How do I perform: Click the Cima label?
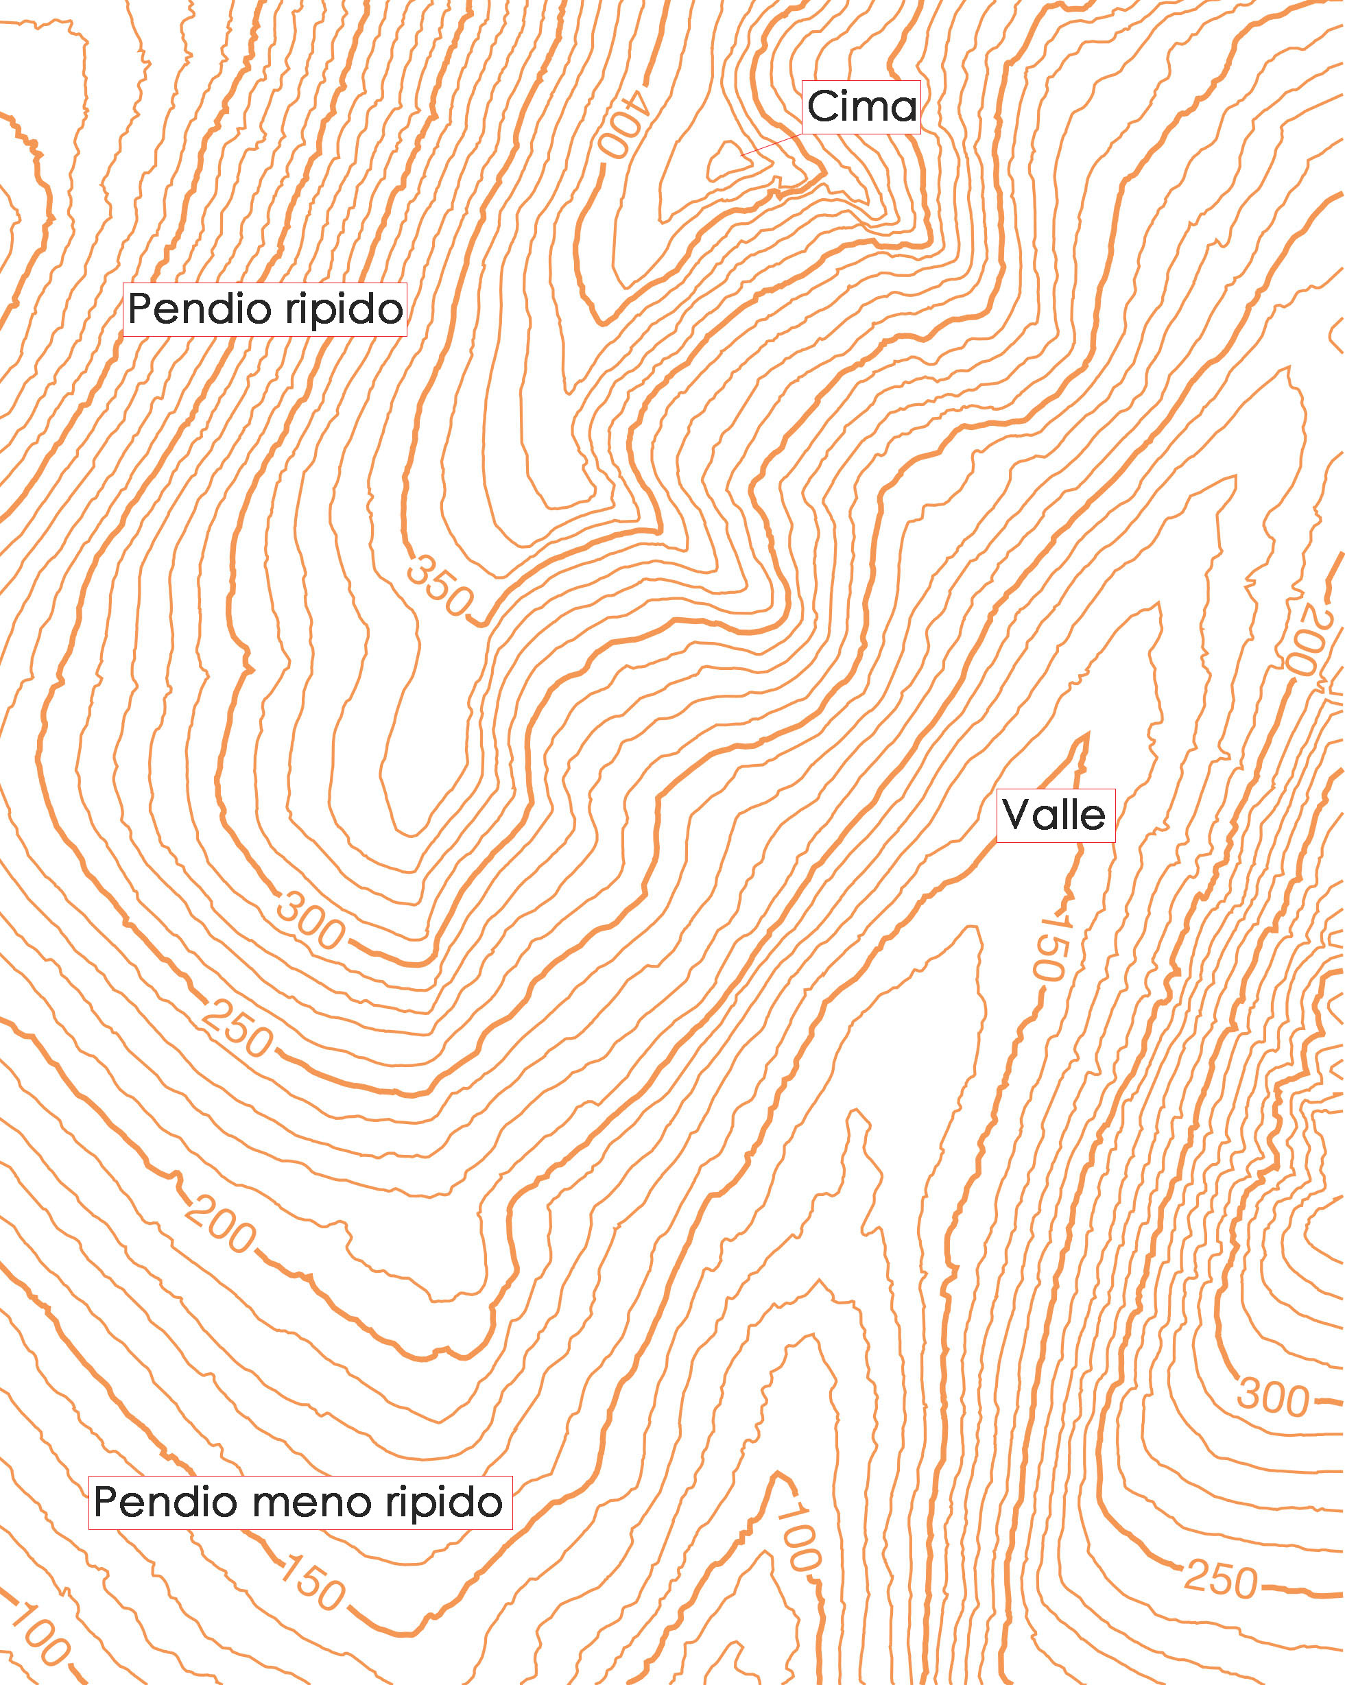861,107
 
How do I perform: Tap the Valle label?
1054,815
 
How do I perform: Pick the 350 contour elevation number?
439,586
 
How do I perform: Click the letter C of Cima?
822,107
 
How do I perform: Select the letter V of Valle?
1016,815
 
